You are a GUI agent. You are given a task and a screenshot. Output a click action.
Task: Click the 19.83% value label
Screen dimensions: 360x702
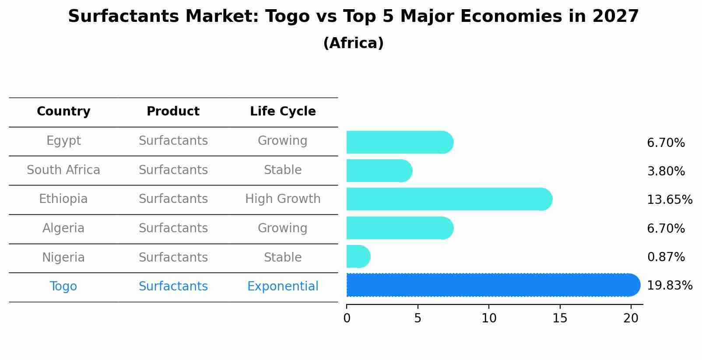point(669,286)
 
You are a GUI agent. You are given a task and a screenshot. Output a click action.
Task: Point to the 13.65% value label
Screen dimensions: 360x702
point(669,200)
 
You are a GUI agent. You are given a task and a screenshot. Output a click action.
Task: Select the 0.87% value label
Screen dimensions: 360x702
point(666,257)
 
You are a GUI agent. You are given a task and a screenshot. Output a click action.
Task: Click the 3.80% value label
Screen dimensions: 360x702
point(666,171)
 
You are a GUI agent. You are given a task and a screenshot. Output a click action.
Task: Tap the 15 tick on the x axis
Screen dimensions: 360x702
point(559,318)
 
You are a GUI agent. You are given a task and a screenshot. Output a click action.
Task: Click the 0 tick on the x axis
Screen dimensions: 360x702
point(347,318)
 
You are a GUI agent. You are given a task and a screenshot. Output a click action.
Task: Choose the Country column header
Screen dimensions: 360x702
point(63,112)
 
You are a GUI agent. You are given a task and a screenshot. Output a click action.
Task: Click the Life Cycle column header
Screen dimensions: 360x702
point(283,112)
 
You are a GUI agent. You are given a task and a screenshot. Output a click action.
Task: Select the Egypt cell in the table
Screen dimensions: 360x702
point(63,141)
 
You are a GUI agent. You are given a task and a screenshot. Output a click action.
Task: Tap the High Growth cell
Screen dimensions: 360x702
point(283,199)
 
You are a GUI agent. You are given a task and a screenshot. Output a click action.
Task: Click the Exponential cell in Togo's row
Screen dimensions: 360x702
point(283,287)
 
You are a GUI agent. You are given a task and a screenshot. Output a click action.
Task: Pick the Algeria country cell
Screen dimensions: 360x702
point(63,228)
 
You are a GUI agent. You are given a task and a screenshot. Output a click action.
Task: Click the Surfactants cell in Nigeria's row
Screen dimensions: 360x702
point(173,258)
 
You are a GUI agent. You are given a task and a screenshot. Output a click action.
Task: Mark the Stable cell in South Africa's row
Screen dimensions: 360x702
point(283,170)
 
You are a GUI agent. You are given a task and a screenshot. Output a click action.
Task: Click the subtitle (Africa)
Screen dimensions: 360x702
point(353,43)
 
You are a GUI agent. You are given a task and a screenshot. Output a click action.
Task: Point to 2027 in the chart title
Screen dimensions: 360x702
point(615,17)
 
